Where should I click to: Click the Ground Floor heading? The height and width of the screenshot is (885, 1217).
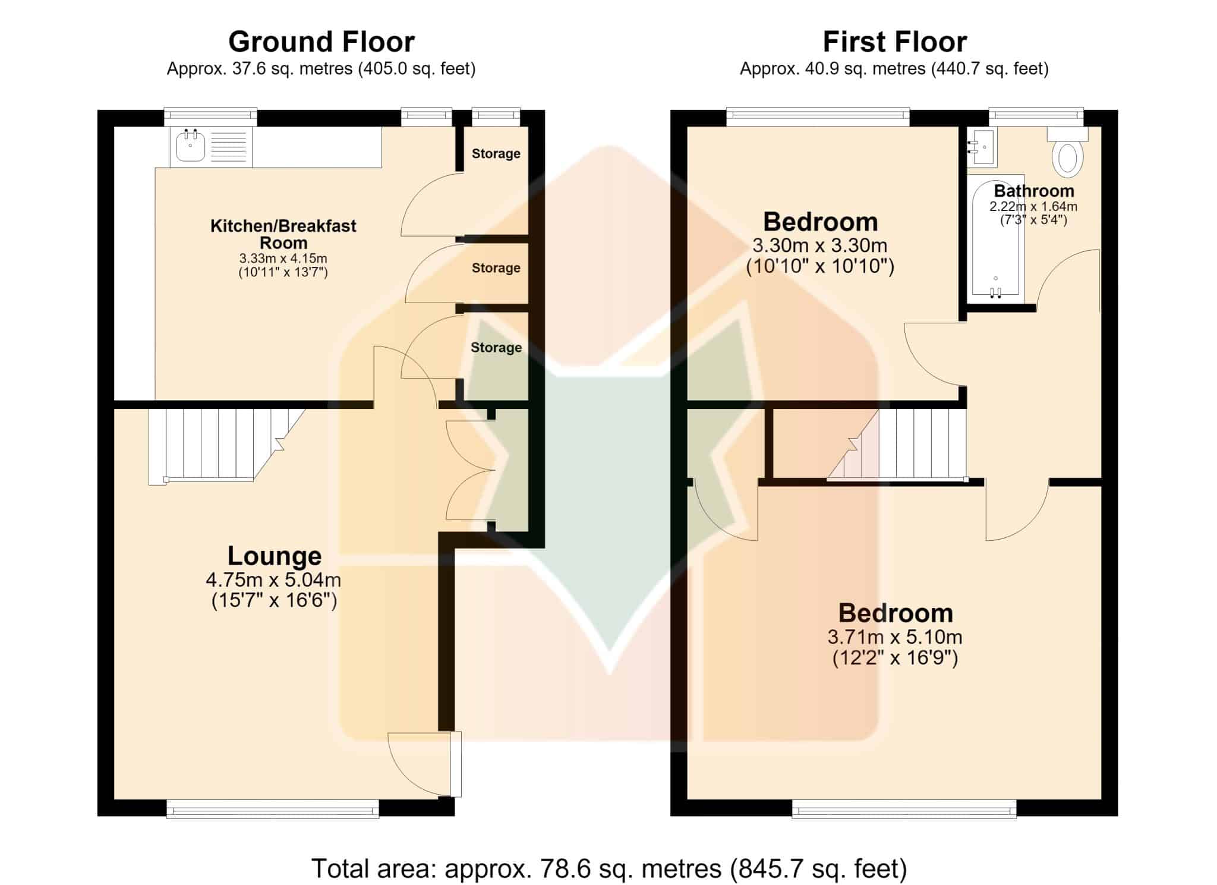click(321, 42)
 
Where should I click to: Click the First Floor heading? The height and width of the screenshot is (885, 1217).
click(894, 42)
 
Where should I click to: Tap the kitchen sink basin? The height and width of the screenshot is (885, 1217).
click(191, 146)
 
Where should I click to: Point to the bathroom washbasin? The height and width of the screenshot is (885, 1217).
click(981, 146)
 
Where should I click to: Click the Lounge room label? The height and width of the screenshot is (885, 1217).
click(275, 556)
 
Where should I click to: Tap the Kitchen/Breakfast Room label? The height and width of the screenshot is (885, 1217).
click(283, 234)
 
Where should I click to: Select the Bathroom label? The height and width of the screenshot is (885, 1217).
click(1034, 191)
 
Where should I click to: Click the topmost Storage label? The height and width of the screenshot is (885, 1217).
click(496, 153)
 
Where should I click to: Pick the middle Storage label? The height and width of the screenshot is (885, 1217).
click(496, 268)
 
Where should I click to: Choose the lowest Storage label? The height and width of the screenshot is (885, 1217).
click(496, 348)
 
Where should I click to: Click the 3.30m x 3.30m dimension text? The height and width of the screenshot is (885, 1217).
click(820, 245)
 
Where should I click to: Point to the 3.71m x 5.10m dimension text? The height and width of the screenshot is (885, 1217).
click(895, 637)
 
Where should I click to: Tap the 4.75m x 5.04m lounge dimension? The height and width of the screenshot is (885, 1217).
click(273, 579)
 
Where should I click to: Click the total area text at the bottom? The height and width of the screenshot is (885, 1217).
click(609, 868)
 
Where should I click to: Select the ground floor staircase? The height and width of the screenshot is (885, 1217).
click(227, 446)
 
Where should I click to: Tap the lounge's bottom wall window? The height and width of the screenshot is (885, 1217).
click(273, 808)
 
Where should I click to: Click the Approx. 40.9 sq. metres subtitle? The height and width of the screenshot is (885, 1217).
click(894, 69)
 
